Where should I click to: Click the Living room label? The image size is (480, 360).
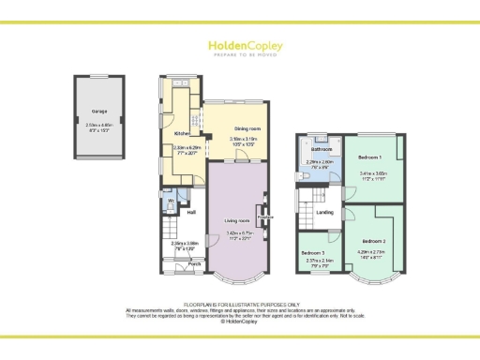(x=236, y=220)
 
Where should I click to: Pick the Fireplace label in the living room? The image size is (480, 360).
(x=265, y=217)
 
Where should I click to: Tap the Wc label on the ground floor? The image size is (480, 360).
(x=172, y=201)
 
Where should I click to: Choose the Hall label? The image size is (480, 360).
(x=190, y=213)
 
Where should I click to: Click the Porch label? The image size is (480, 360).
(x=195, y=263)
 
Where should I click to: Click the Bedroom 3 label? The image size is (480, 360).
(x=313, y=253)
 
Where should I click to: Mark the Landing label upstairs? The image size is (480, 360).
(x=325, y=213)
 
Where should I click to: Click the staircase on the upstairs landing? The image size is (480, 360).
(x=307, y=198)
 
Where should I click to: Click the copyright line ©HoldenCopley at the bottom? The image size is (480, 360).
(x=240, y=321)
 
